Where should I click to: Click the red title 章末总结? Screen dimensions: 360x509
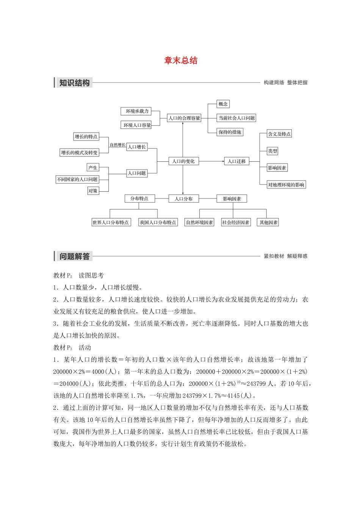[181, 61]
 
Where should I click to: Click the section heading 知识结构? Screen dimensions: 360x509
[74, 83]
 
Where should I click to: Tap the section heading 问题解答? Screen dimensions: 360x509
[74, 256]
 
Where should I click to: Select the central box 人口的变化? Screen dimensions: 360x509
[183, 161]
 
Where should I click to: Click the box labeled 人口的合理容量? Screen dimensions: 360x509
[184, 118]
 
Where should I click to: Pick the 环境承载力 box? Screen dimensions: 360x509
[137, 111]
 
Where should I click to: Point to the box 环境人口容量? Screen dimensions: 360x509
[137, 125]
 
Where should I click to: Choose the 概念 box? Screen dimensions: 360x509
[223, 104]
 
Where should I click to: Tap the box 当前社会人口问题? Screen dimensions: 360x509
[236, 118]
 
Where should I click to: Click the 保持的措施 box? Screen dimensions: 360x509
[230, 132]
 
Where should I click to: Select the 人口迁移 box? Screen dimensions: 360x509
[236, 161]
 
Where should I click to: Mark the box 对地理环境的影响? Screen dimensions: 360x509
[286, 185]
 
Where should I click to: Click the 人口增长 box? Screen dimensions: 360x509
[137, 147]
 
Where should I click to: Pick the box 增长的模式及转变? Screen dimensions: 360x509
[79, 153]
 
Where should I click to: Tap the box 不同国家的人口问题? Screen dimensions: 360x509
[77, 180]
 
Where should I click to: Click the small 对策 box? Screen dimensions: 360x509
[93, 191]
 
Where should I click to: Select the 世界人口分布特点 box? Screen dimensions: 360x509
[111, 223]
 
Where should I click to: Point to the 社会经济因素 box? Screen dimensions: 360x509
[236, 223]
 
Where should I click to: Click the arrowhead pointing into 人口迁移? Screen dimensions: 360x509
[223, 161]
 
